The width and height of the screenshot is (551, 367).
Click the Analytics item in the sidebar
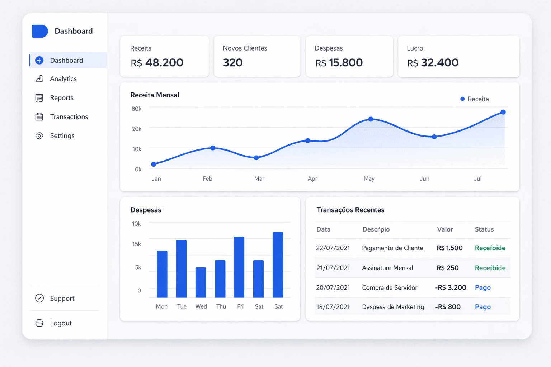63,79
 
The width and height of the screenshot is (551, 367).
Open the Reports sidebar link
62,98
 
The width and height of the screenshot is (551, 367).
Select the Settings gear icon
39,136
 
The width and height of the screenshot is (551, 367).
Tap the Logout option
61,323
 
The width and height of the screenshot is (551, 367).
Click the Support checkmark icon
39,298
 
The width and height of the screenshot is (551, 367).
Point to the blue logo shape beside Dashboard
39,31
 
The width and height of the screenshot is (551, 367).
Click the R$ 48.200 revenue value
157,63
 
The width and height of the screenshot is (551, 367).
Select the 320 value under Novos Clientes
233,63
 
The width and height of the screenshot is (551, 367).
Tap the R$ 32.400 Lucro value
433,63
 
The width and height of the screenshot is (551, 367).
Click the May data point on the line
371,119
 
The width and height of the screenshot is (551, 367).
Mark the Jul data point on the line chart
503,112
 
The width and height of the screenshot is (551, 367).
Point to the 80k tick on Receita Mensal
136,109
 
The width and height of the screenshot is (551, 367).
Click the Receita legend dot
462,99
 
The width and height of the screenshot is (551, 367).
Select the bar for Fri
239,267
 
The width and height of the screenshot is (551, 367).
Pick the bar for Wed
201,282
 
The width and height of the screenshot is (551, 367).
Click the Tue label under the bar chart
182,306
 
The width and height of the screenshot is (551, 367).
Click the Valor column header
445,229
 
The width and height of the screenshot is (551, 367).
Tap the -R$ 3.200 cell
451,287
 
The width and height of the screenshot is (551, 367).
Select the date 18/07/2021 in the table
333,307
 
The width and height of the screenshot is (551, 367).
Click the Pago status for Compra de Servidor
482,287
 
